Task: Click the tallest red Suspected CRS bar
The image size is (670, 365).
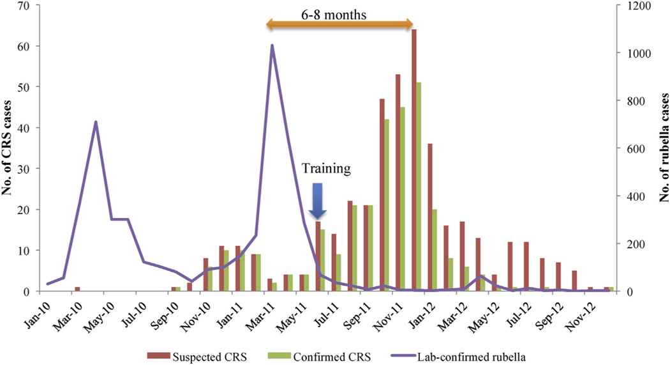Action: [413, 160]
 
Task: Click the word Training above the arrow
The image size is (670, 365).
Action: [326, 169]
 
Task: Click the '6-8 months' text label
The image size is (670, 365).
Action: [338, 12]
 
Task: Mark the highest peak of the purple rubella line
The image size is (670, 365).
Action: [272, 45]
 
